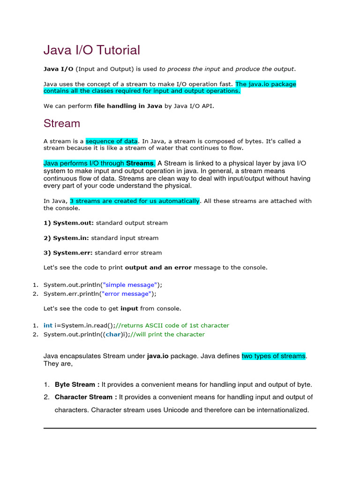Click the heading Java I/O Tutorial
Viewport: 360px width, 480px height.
pos(92,50)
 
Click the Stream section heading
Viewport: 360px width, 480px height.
pos(62,123)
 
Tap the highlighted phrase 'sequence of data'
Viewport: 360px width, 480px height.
pos(112,141)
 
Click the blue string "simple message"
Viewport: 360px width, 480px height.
pos(130,285)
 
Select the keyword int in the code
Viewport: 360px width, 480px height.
pos(48,325)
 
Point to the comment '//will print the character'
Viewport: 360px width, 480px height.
pos(167,335)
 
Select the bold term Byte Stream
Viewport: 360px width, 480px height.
pos(75,384)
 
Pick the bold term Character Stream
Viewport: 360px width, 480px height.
pos(84,397)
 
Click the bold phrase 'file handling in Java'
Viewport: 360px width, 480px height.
pos(128,106)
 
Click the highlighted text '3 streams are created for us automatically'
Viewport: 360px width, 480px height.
pos(135,201)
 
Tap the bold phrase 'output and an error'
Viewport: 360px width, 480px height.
pos(158,268)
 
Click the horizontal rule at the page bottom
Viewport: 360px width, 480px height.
pos(180,428)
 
